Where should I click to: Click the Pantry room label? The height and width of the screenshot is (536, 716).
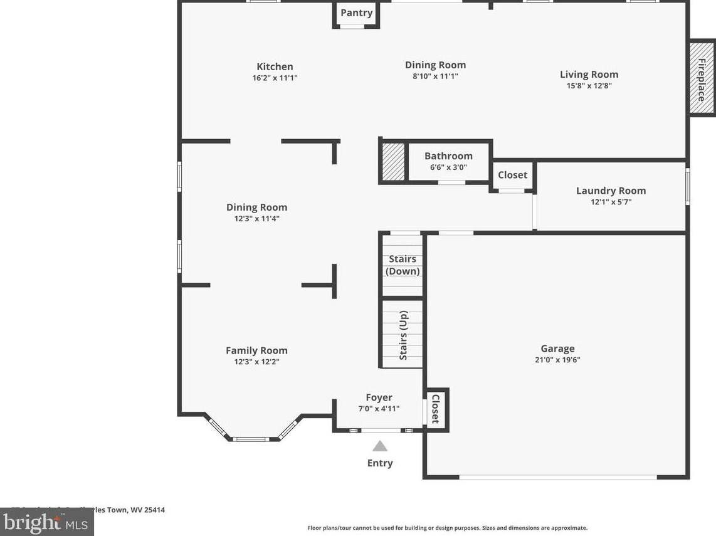(356, 13)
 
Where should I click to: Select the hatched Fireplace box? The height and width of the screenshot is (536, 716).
(702, 78)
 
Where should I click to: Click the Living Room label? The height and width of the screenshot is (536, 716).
(589, 74)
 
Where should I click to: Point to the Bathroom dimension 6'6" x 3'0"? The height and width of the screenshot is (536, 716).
(448, 167)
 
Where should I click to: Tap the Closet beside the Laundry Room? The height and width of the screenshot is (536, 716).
(512, 175)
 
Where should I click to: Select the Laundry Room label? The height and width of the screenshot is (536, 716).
(611, 191)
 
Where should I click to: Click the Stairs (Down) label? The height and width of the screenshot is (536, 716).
(403, 265)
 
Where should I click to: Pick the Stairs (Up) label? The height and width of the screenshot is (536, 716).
(403, 335)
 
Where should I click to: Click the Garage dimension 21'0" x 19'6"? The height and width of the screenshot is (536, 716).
(557, 360)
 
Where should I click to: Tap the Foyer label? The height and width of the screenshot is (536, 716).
(379, 397)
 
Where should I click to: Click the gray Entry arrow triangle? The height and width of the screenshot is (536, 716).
(380, 446)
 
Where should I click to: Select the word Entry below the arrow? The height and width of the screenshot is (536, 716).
(380, 463)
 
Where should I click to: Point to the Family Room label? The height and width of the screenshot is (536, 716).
(256, 350)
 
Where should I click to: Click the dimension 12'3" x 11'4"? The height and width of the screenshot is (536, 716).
(256, 219)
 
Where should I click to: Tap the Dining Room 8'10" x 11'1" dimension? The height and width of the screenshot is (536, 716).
(435, 76)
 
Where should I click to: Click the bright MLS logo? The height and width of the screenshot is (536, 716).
(46, 522)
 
